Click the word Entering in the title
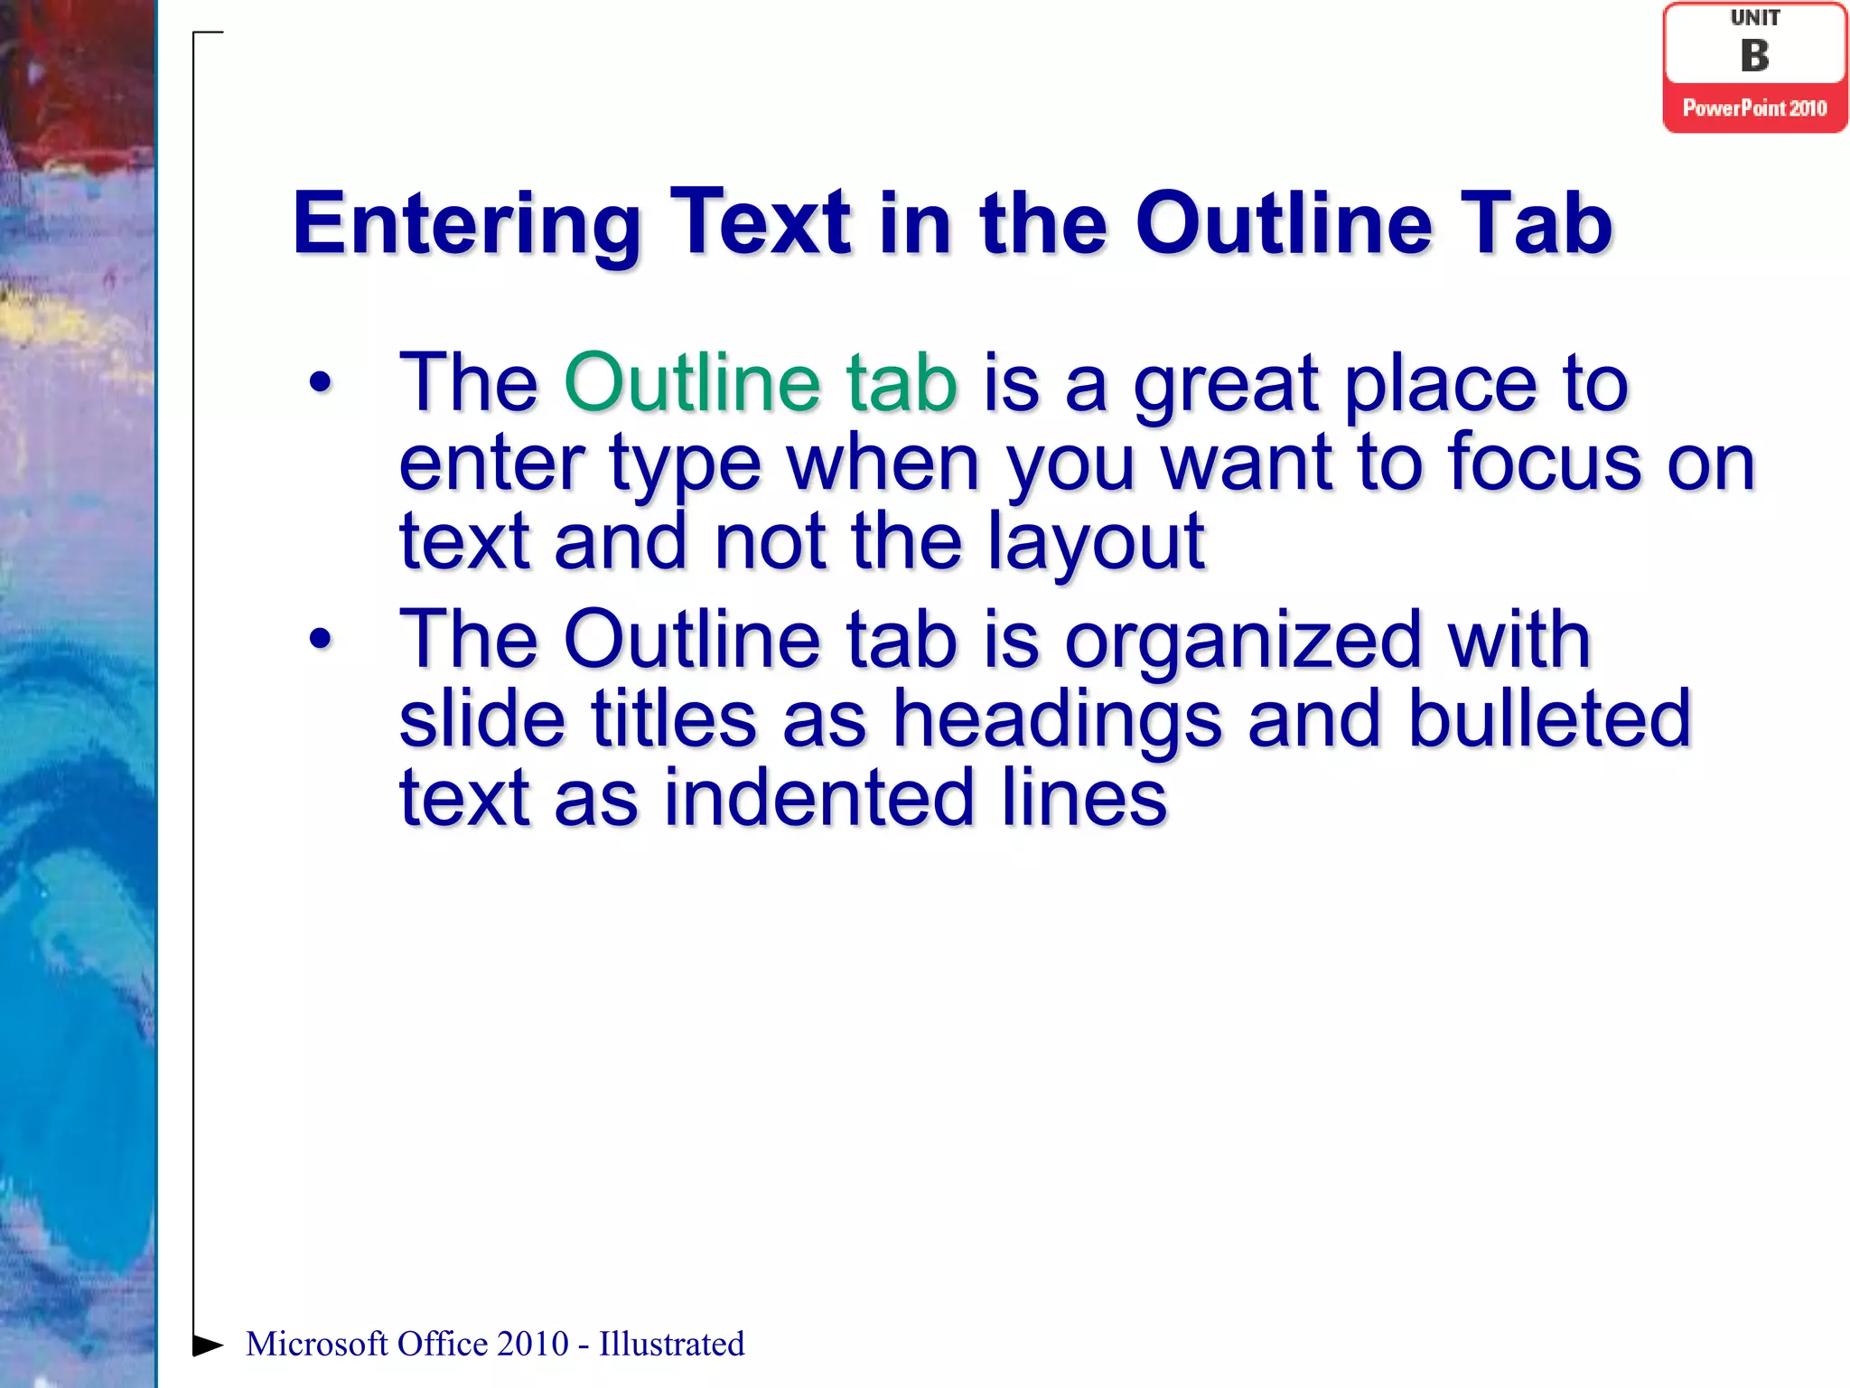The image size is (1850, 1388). pos(466,224)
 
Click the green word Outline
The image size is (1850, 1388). pos(692,383)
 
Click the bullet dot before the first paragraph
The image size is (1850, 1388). pos(321,383)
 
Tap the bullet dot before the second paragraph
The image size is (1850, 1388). pos(321,640)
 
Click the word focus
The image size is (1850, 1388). pos(1545,462)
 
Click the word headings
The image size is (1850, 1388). pos(1057,718)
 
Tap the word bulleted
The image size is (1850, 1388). pos(1548,718)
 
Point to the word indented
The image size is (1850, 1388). pos(819,798)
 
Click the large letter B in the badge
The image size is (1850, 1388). pos(1754,56)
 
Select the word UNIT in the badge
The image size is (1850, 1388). pos(1754,18)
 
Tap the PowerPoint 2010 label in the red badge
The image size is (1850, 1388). pos(1754,108)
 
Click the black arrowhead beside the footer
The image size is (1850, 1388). pos(208,1345)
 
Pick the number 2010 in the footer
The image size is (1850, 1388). pos(532,1345)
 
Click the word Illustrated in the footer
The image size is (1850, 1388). pos(671,1345)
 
